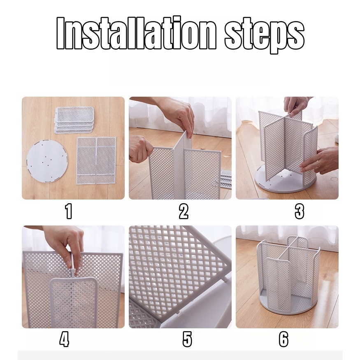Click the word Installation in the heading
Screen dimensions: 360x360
click(136, 33)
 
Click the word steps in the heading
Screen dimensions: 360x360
click(265, 35)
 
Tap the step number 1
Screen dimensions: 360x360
click(69, 211)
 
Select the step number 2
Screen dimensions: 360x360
click(183, 211)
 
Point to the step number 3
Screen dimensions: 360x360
click(300, 211)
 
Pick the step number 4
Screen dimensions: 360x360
click(64, 339)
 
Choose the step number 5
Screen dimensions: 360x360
click(187, 339)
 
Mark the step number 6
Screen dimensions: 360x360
click(283, 339)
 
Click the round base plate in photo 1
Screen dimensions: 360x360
click(47, 162)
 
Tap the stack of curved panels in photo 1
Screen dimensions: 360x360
click(74, 120)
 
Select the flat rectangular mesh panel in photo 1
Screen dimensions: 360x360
click(96, 160)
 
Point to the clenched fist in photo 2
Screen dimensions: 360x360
click(140, 149)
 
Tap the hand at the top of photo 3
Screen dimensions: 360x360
click(296, 106)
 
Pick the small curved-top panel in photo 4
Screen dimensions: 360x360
click(73, 302)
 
